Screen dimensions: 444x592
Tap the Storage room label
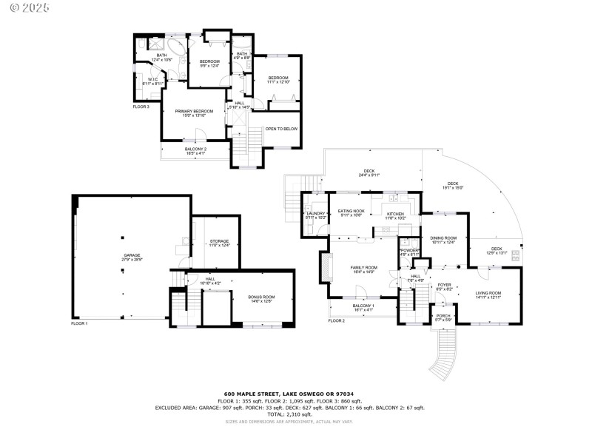coord(219,243)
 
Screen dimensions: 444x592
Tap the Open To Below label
coord(281,128)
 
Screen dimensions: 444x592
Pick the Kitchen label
coord(395,215)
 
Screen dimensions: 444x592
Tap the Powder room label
coord(409,252)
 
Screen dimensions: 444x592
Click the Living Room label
coord(488,295)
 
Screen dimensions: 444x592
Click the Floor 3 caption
coord(141,107)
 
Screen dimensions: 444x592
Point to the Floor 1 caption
coord(79,323)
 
